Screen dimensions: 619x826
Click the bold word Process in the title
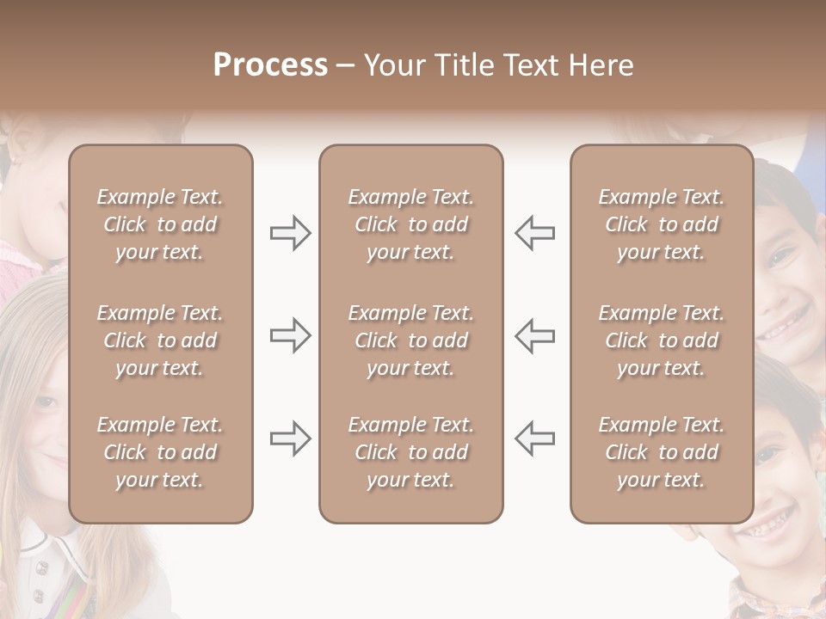[x=270, y=65]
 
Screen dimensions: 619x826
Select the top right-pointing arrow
[x=290, y=233]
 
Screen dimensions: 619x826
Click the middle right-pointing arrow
[x=290, y=335]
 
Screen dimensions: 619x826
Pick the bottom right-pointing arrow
[x=290, y=438]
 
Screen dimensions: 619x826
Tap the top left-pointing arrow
[x=534, y=233]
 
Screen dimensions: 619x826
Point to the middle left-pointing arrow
[x=534, y=335]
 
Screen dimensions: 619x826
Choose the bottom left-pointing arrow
[x=534, y=438]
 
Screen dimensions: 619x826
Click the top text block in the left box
[x=160, y=224]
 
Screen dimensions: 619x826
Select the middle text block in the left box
[x=160, y=340]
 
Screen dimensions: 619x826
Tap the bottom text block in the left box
[x=160, y=452]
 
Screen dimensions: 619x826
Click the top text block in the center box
[x=410, y=224]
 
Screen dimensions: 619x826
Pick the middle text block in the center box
[x=410, y=340]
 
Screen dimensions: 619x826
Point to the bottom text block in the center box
[x=410, y=452]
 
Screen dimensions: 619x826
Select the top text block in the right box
[x=661, y=224]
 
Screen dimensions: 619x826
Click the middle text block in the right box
[x=661, y=340]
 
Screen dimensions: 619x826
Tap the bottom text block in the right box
[x=661, y=452]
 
